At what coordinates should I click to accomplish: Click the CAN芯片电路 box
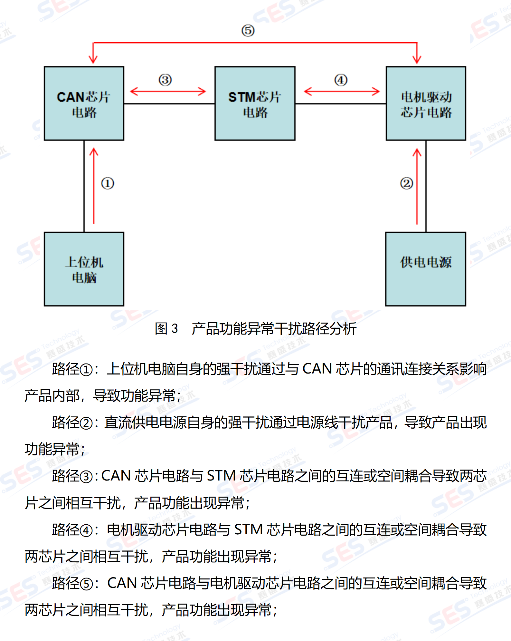[84, 103]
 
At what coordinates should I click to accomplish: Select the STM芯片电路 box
[255, 103]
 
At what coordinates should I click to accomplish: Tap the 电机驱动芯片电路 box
[426, 103]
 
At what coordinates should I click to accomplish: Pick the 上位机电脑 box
[84, 269]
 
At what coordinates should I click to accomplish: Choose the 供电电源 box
[425, 269]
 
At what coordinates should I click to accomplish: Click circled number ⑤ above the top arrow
[248, 31]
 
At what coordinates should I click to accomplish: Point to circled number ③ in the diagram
[165, 80]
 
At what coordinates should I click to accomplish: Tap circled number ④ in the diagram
[341, 80]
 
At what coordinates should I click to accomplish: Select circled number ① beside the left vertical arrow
[108, 183]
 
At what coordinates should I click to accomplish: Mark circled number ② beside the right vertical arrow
[406, 183]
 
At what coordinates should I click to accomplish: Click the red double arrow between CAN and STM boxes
[168, 91]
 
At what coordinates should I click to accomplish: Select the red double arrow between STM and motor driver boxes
[342, 91]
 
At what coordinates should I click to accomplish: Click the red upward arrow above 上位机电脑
[94, 186]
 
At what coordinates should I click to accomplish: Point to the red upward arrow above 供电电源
[417, 186]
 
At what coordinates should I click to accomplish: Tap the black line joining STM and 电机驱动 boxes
[340, 103]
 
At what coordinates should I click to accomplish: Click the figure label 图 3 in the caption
[166, 329]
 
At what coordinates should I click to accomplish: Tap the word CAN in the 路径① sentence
[317, 369]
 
